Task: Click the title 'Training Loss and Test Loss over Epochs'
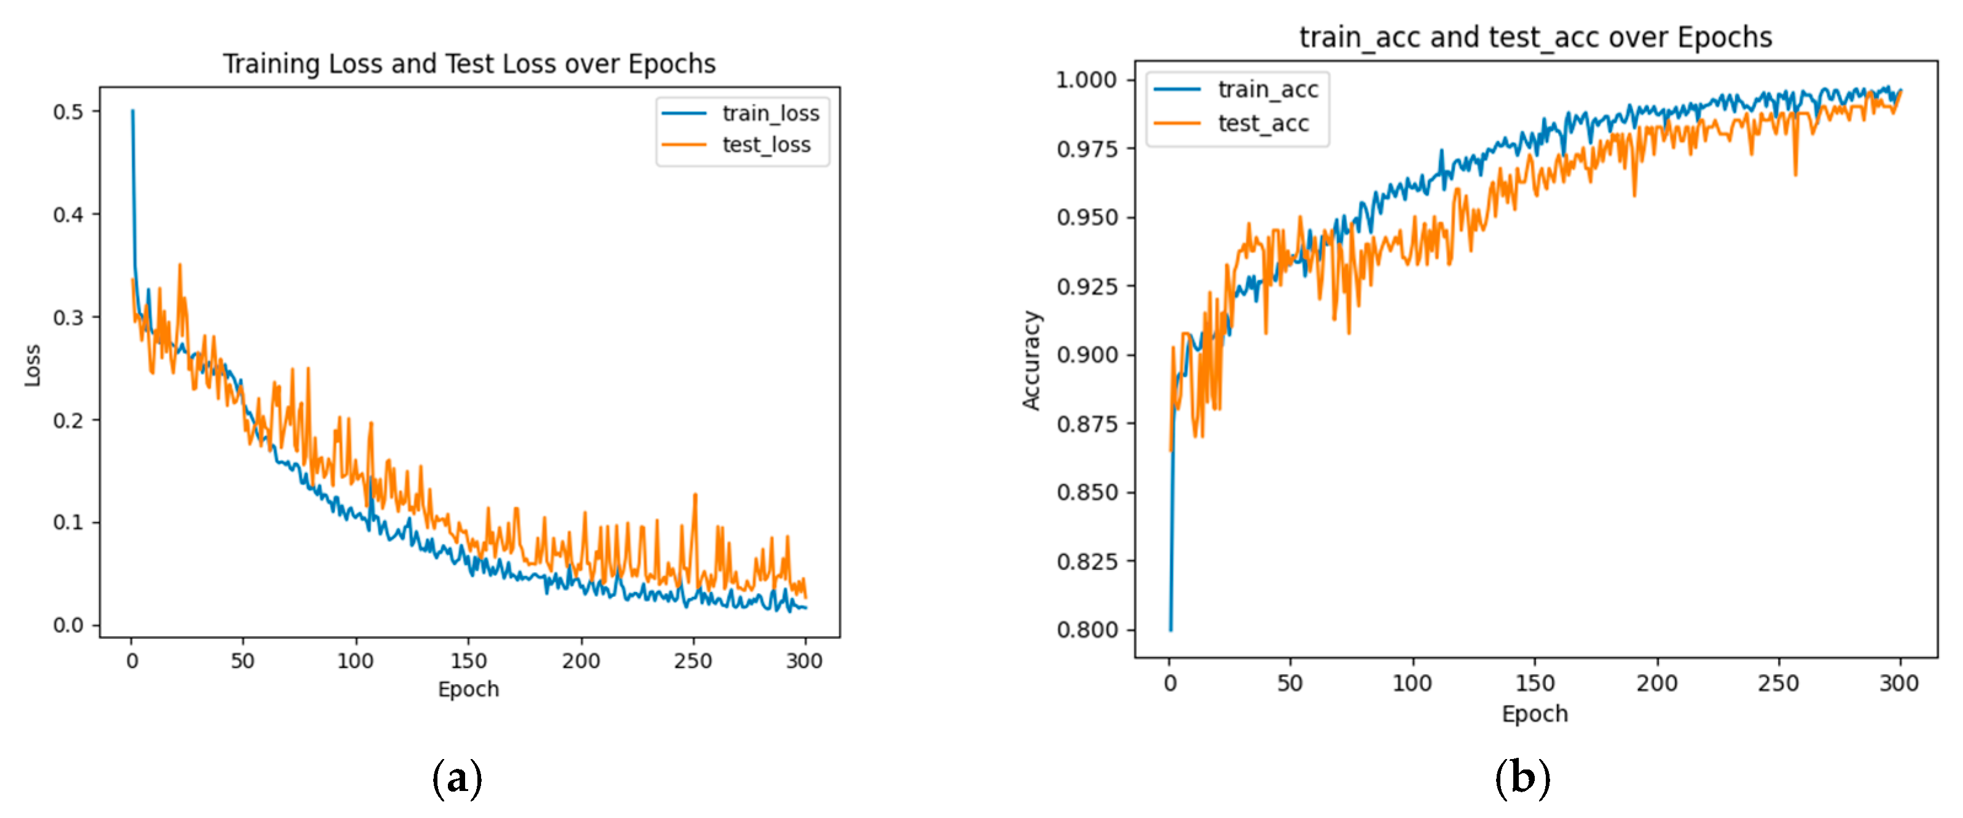tap(469, 64)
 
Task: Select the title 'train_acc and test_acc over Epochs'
tap(1535, 37)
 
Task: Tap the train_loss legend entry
tap(770, 114)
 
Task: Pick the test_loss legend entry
tap(766, 145)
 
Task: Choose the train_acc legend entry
tap(1268, 90)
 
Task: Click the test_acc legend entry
tap(1263, 123)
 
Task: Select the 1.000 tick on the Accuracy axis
tap(1086, 80)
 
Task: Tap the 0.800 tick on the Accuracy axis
tap(1086, 630)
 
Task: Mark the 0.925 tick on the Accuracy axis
tap(1086, 286)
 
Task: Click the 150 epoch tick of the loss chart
tap(468, 660)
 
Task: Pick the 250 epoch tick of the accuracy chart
tap(1778, 683)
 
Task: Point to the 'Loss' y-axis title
tap(33, 365)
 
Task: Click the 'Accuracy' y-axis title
tap(1031, 360)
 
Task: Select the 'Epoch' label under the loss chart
tap(468, 689)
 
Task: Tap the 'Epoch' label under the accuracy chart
tap(1534, 714)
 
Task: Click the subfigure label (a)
tap(456, 779)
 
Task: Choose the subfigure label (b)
tap(1522, 779)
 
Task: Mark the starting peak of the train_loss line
tap(133, 111)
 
